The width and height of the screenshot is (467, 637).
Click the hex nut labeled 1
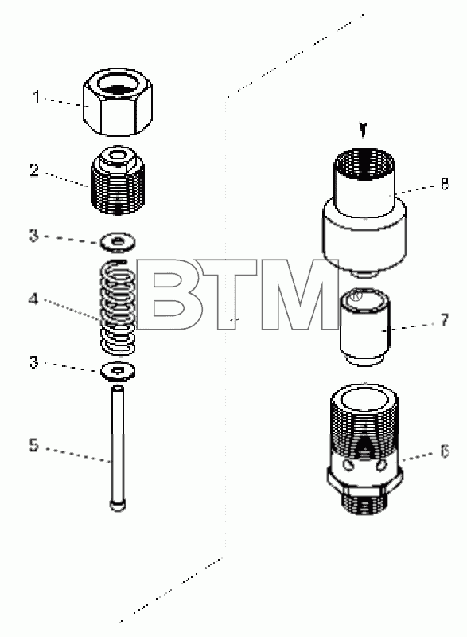point(118,102)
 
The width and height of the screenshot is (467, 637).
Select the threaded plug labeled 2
point(118,181)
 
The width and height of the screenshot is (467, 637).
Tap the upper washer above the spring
point(118,243)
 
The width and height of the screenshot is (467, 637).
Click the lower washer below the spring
point(118,371)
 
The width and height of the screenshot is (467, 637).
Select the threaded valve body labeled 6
point(364,449)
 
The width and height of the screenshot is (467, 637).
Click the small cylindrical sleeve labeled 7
point(364,327)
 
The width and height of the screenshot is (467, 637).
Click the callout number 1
point(37,97)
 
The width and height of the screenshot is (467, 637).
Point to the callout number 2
point(35,170)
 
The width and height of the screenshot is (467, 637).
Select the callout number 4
point(33,300)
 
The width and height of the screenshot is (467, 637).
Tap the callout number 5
point(34,445)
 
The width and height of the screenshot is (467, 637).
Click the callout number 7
point(445,320)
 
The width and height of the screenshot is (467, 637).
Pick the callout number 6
point(445,451)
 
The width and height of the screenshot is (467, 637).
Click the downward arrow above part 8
point(364,130)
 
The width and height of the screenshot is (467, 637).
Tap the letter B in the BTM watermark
point(170,295)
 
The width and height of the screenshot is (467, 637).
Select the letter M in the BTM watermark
point(298,295)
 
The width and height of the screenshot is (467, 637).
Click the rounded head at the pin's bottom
point(118,506)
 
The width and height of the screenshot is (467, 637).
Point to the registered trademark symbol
point(356,295)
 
